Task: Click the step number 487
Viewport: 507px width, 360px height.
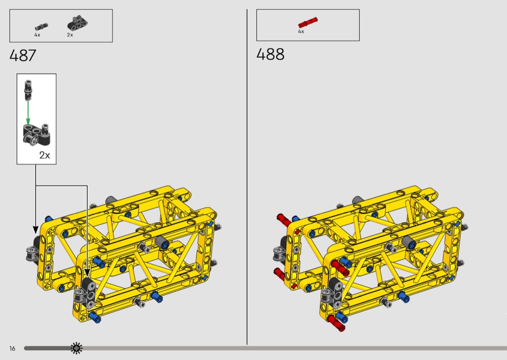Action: coord(23,55)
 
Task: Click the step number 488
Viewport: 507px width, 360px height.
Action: coord(270,55)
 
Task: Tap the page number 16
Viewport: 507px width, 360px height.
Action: coord(12,348)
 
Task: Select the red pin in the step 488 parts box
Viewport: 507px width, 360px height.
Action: coord(308,23)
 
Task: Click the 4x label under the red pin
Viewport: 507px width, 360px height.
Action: coord(301,32)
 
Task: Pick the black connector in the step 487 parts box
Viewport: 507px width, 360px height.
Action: coord(78,23)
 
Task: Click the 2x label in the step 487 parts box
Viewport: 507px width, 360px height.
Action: coord(70,35)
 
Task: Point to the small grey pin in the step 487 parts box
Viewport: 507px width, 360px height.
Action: coord(42,27)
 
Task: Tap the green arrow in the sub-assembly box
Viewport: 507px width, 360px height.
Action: coord(28,113)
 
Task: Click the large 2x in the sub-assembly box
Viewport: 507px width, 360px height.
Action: coord(44,155)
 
